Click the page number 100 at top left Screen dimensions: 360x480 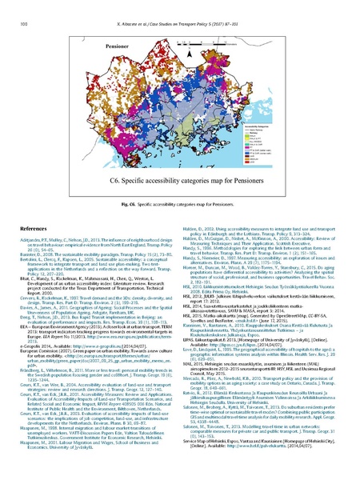click(19, 7)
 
